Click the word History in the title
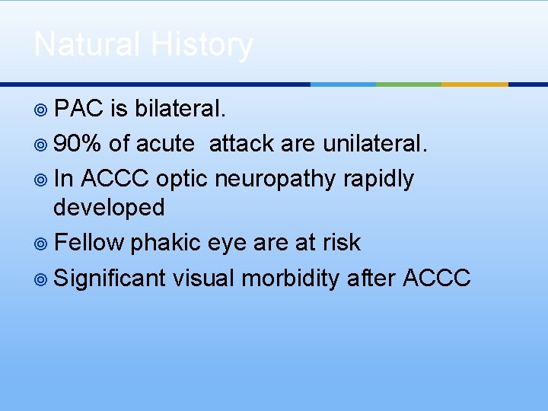pyautogui.click(x=202, y=45)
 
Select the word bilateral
pyautogui.click(x=180, y=110)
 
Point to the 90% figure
pyautogui.click(x=78, y=144)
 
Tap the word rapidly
pyautogui.click(x=378, y=179)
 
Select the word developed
pyautogui.click(x=109, y=207)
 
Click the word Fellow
pyautogui.click(x=89, y=243)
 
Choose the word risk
pyautogui.click(x=341, y=243)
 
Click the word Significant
pyautogui.click(x=110, y=278)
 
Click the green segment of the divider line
pyautogui.click(x=409, y=84)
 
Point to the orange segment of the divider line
pyautogui.click(x=474, y=84)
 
